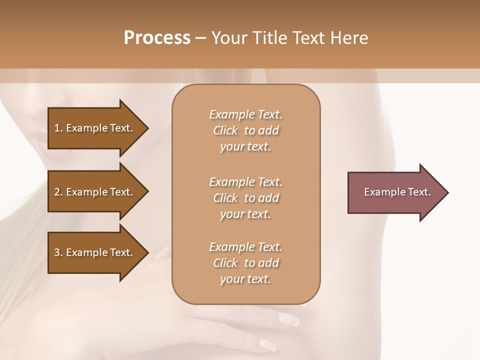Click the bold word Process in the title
tap(157, 38)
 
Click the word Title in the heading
tap(268, 38)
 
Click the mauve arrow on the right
tap(395, 192)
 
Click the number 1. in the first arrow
tap(58, 128)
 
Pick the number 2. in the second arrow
tap(58, 192)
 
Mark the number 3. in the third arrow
tap(58, 252)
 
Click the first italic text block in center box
tap(245, 130)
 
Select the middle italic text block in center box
tap(245, 198)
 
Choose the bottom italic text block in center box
tap(245, 263)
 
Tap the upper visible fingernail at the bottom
tap(288, 318)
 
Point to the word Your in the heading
tap(229, 38)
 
